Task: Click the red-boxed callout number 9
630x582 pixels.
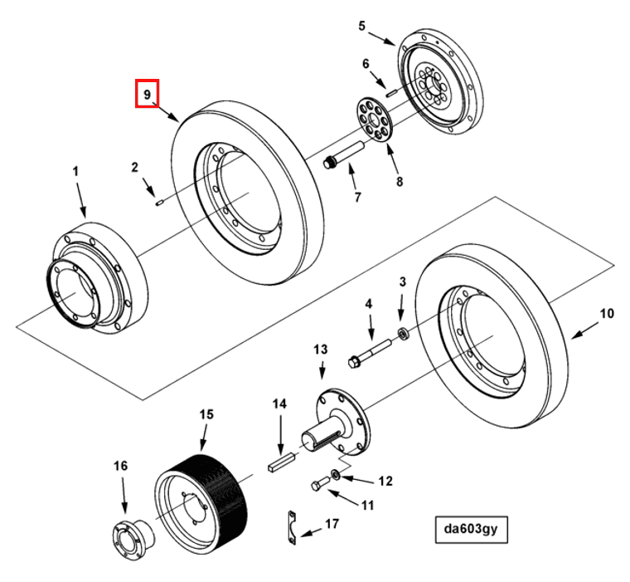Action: click(147, 95)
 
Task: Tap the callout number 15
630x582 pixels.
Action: click(206, 413)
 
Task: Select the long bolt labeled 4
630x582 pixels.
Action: click(369, 351)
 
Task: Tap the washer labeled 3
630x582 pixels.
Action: click(403, 334)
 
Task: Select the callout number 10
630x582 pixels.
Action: click(607, 314)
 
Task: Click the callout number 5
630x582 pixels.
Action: click(361, 26)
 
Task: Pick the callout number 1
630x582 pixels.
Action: click(75, 171)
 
